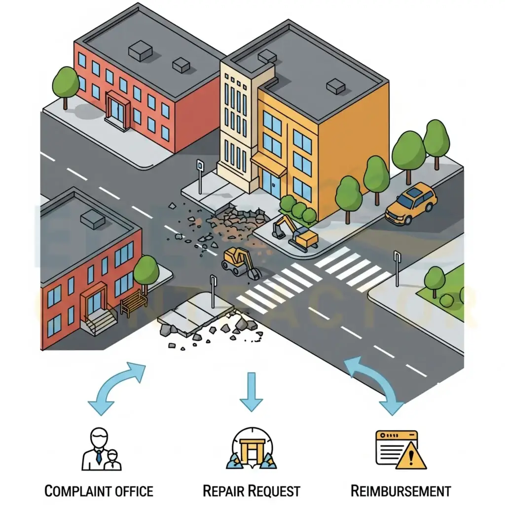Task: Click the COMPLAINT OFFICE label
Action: click(x=99, y=491)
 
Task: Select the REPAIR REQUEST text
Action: click(x=252, y=491)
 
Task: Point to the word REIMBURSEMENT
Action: click(x=400, y=491)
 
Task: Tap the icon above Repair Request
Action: click(x=252, y=448)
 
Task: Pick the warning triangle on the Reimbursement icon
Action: click(x=411, y=456)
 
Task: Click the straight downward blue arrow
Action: click(x=252, y=392)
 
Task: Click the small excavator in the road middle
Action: click(x=239, y=262)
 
